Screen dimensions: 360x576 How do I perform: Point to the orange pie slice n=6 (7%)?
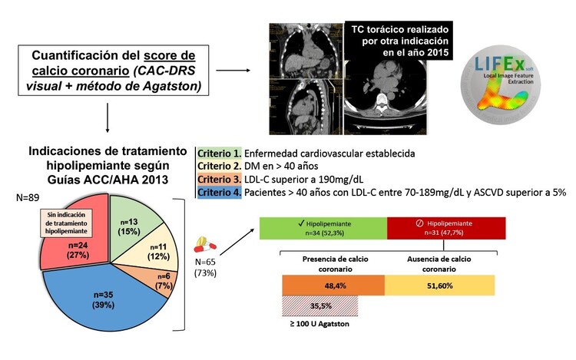(x=164, y=280)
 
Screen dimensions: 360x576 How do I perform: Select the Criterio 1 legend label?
(x=220, y=154)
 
